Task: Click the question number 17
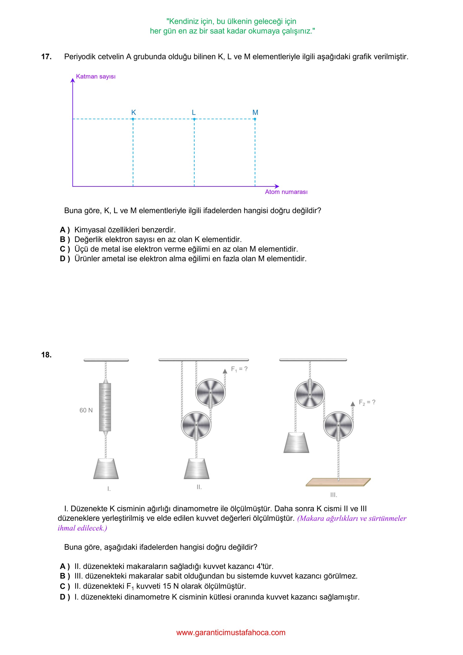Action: [46, 57]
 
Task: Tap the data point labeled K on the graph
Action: [133, 119]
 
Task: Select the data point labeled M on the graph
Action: [255, 119]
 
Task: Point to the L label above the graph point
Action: [194, 112]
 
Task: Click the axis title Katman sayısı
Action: [95, 76]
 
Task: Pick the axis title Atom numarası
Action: [286, 192]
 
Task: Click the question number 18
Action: [46, 355]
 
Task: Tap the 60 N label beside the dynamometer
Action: [86, 410]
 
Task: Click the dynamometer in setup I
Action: [105, 407]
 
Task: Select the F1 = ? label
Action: [239, 369]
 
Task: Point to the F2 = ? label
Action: [367, 402]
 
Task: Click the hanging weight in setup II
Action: [196, 469]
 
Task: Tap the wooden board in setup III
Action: [338, 482]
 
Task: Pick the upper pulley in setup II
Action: [210, 392]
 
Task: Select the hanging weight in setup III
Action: [296, 442]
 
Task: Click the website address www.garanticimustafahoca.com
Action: [231, 633]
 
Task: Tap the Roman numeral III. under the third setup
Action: [334, 495]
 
